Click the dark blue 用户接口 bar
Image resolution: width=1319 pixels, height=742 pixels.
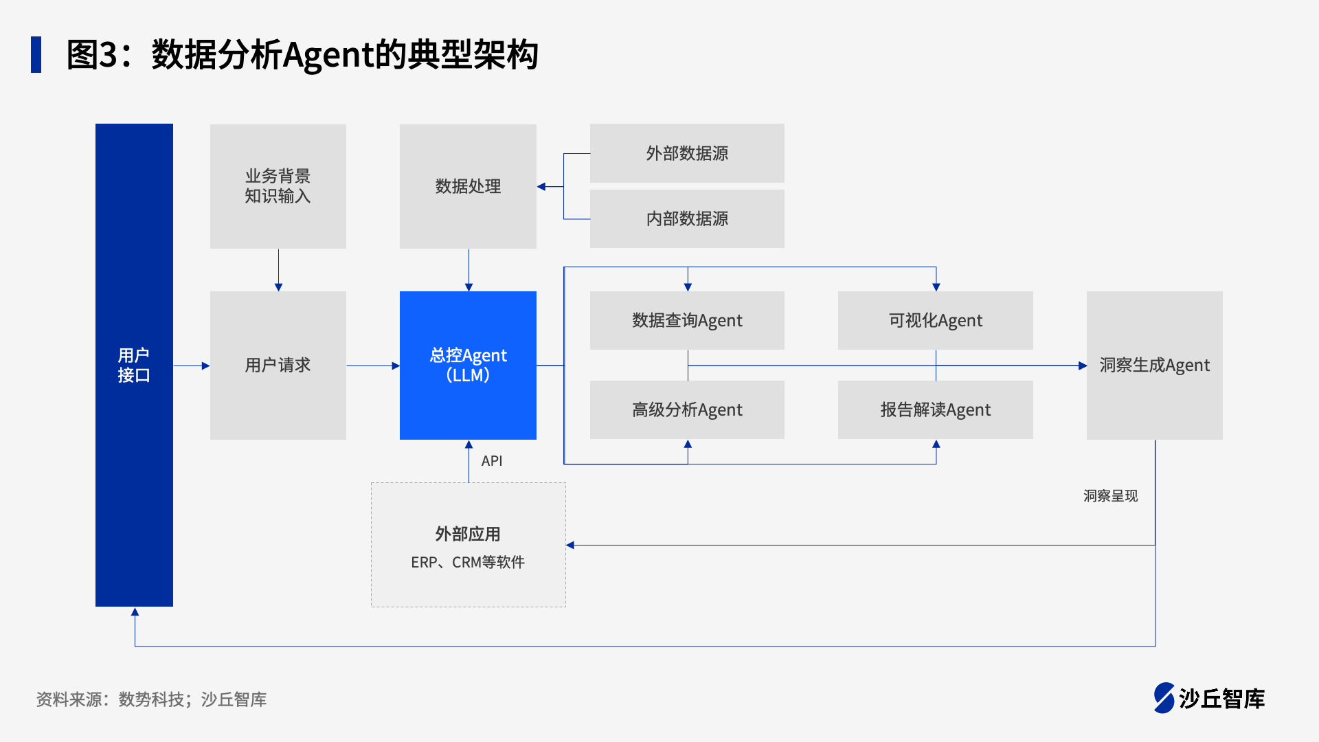134,365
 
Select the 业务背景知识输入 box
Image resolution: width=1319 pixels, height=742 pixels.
278,186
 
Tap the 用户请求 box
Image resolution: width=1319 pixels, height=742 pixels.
278,365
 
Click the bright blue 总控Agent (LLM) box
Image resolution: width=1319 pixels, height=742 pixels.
468,365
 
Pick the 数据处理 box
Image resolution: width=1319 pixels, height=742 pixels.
468,186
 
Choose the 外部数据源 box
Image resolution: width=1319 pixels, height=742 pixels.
687,153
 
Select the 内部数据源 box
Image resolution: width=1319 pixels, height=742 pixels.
687,218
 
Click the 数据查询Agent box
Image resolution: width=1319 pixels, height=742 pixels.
687,320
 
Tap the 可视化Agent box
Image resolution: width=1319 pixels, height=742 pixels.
935,320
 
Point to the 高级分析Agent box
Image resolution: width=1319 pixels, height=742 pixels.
687,409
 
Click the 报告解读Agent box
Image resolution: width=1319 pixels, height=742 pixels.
935,409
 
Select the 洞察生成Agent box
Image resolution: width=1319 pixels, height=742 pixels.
1154,365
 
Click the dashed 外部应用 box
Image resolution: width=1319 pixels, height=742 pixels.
468,545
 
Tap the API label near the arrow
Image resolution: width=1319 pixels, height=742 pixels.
492,461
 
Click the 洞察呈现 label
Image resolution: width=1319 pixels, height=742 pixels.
1110,496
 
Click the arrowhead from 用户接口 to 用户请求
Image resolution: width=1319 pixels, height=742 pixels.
205,366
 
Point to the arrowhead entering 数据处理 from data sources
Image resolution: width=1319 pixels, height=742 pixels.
541,186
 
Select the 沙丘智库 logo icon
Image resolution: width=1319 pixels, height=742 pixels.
1164,698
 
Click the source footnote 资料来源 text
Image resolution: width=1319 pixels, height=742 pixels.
151,699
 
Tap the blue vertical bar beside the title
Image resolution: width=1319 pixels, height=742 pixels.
36,54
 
